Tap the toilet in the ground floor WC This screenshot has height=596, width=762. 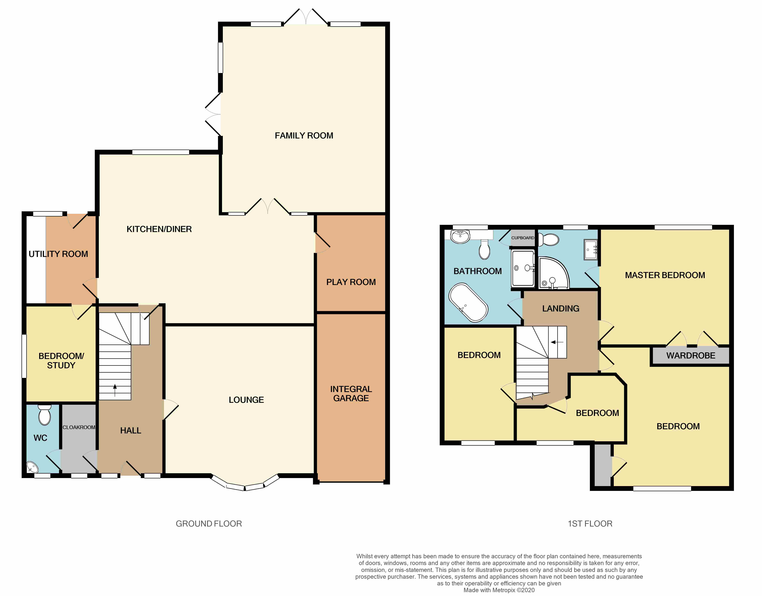coord(44,415)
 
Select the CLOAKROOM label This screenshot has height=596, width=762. coord(79,427)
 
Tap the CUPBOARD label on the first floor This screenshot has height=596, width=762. coord(523,238)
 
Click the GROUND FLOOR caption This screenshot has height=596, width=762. coord(209,523)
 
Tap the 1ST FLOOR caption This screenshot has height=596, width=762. coord(590,523)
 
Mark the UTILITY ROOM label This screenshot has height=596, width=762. coord(58,254)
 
